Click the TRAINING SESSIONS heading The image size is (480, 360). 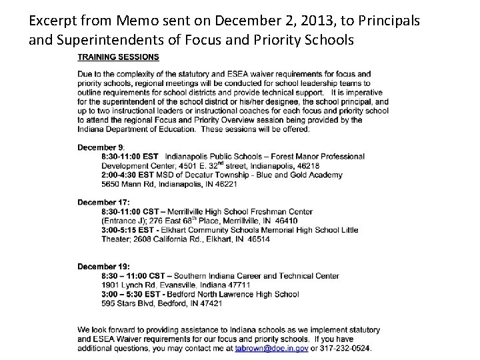tap(118, 57)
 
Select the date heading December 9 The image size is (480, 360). tap(101, 147)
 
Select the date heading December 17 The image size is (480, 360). tap(103, 202)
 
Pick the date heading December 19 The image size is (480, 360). tap(103, 267)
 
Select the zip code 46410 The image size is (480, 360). tap(285, 221)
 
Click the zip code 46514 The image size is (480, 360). tap(257, 239)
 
